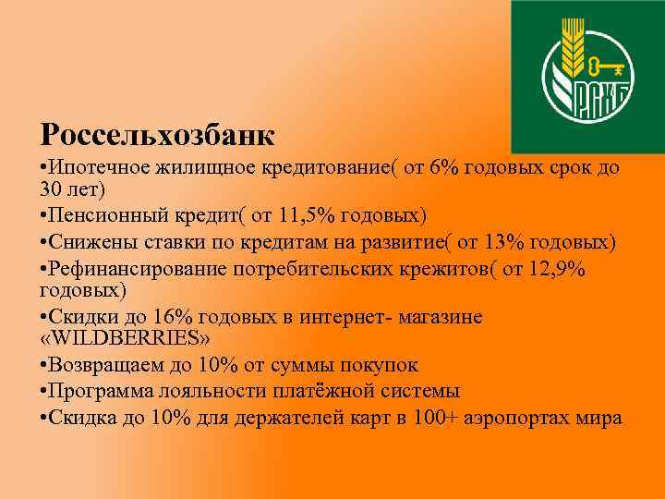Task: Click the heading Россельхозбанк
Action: click(157, 135)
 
